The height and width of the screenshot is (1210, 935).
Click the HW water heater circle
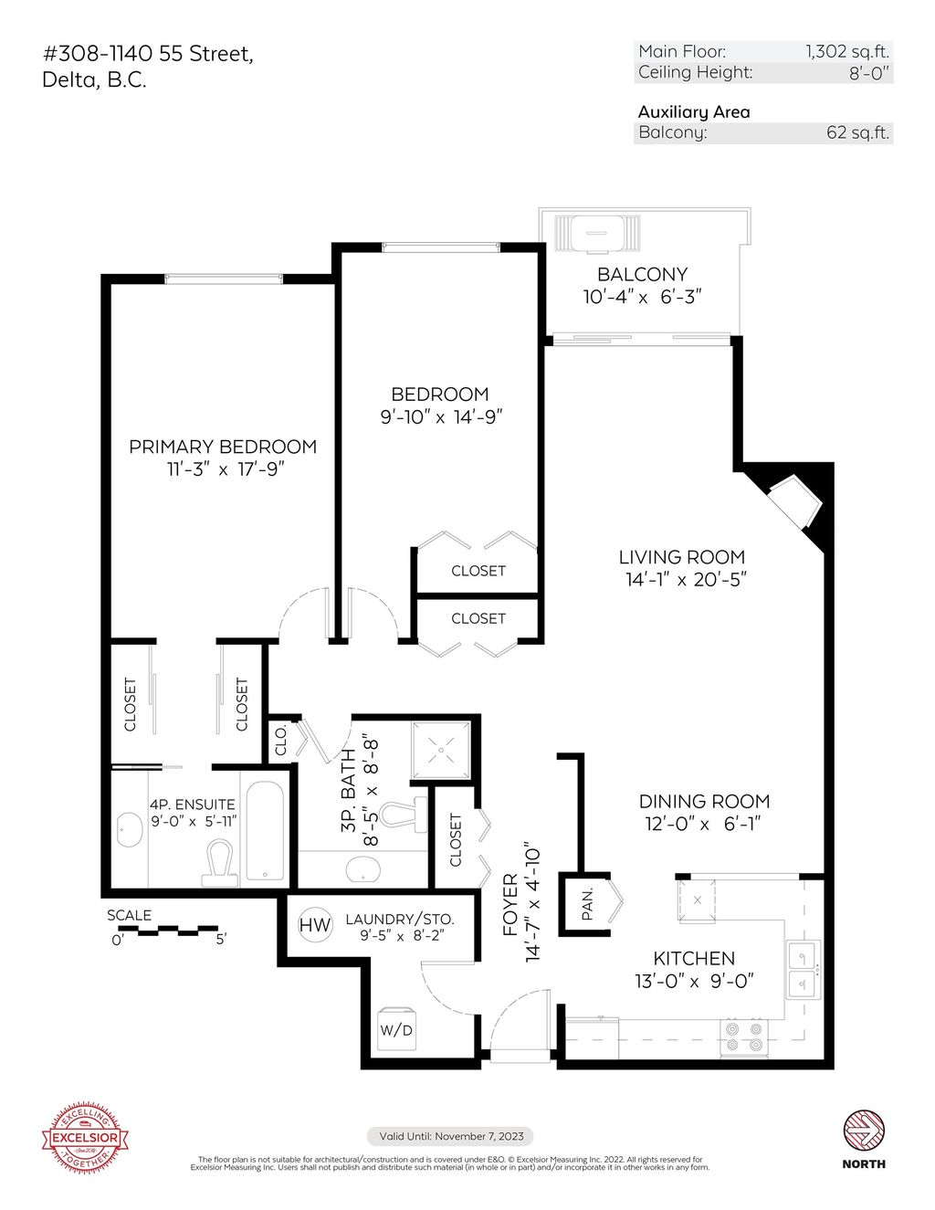315,925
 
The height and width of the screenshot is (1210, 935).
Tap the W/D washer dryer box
396,1028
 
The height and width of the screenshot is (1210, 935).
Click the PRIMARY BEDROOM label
223,447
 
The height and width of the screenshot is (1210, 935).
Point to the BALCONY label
642,274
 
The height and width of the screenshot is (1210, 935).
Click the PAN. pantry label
587,902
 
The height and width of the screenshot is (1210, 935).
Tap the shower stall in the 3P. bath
442,750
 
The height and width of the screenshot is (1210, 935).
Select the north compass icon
863,1131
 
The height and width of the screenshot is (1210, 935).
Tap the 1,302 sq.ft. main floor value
846,52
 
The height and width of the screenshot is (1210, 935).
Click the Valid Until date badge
451,1136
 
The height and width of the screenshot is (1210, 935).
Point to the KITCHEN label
694,958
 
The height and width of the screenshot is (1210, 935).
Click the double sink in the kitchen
804,970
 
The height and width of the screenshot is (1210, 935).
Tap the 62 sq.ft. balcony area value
857,132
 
